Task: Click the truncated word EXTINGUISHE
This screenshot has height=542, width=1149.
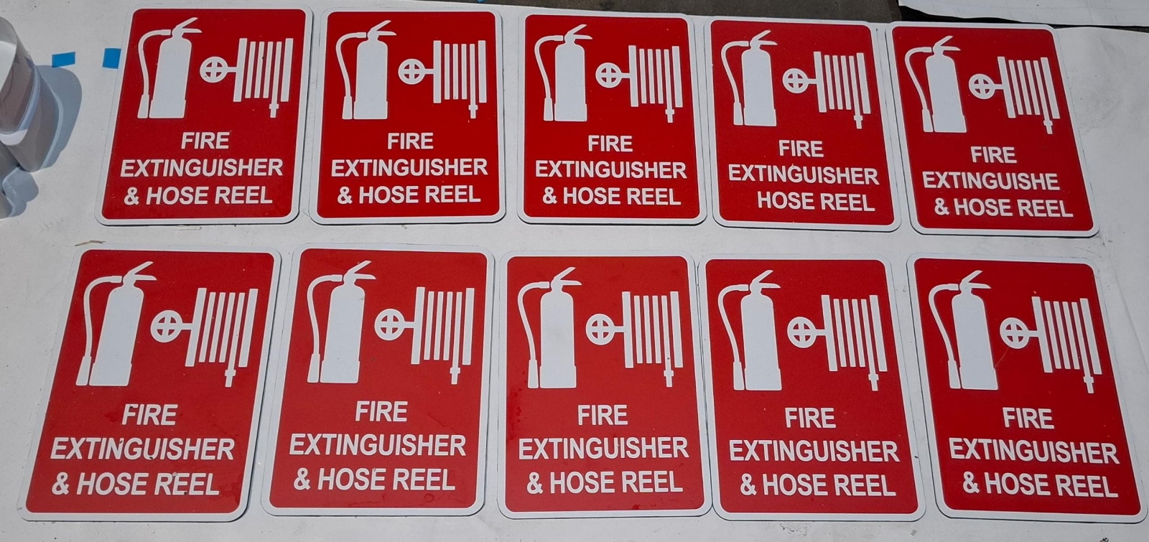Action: click(990, 181)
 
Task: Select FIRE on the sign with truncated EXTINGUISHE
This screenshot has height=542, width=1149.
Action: click(993, 155)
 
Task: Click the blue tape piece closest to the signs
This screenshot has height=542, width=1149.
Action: click(112, 58)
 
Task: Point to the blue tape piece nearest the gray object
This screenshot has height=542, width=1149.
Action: click(64, 60)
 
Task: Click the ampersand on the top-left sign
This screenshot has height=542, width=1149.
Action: click(132, 196)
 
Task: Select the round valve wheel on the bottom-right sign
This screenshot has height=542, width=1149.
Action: click(1015, 333)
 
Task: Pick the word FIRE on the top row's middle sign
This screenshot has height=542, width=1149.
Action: click(610, 144)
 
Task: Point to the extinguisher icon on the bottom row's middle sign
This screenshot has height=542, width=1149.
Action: click(550, 328)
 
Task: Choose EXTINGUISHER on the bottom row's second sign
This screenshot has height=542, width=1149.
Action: click(378, 445)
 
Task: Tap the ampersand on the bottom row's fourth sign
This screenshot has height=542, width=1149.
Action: click(748, 484)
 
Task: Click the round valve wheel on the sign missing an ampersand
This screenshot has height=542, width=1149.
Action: click(796, 81)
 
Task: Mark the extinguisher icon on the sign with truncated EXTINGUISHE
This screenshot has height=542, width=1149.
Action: click(934, 85)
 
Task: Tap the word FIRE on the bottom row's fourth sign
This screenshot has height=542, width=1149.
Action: click(810, 419)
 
